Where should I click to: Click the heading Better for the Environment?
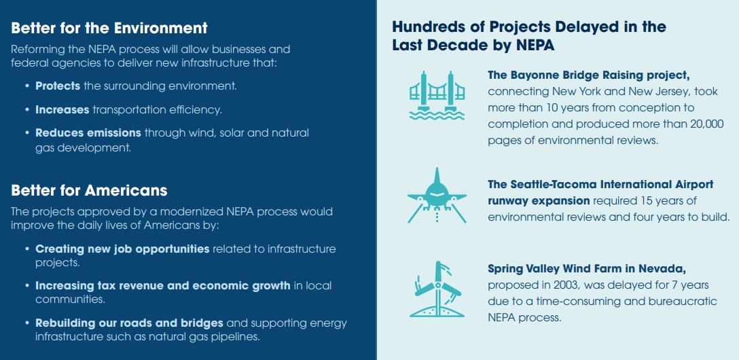coord(109,28)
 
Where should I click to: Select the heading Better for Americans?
coord(89,190)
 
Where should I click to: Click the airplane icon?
coord(437,195)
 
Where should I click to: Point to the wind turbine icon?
coord(437,289)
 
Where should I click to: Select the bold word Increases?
coord(62,110)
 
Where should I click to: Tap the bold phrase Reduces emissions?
coord(88,133)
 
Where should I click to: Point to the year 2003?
coord(559,285)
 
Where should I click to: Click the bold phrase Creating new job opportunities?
coord(122,249)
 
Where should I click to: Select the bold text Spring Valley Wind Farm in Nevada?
coord(587,269)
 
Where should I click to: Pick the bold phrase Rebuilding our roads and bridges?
coord(129,323)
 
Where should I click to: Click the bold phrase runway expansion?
coord(539,201)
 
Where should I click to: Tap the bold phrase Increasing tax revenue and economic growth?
coord(162,285)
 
